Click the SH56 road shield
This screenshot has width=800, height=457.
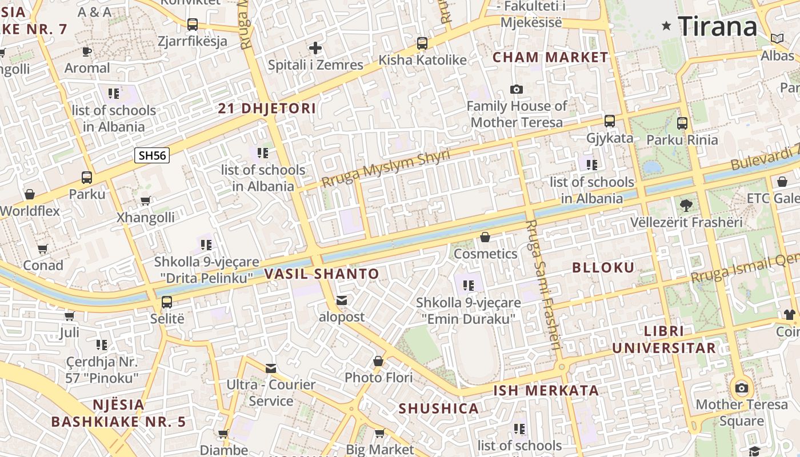152,155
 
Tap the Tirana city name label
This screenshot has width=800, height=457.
718,26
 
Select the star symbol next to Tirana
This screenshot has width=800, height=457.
666,26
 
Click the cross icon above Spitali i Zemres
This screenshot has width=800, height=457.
315,49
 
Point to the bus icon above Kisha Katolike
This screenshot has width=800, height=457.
422,43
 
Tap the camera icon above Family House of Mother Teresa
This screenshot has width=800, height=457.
517,90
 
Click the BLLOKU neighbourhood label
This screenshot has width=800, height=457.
603,267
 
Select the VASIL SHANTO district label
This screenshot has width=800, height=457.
322,274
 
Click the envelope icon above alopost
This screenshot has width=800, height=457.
342,300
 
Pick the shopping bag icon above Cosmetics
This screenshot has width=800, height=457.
485,237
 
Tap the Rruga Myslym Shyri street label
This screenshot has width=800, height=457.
385,169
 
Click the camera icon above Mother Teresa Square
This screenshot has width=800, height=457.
742,388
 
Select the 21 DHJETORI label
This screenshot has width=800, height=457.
267,109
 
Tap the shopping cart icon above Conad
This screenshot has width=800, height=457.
43,249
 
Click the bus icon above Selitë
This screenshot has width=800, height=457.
167,302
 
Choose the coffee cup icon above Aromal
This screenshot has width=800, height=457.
87,51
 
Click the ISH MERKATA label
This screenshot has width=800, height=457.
546,391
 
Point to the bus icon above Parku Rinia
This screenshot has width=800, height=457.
682,123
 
